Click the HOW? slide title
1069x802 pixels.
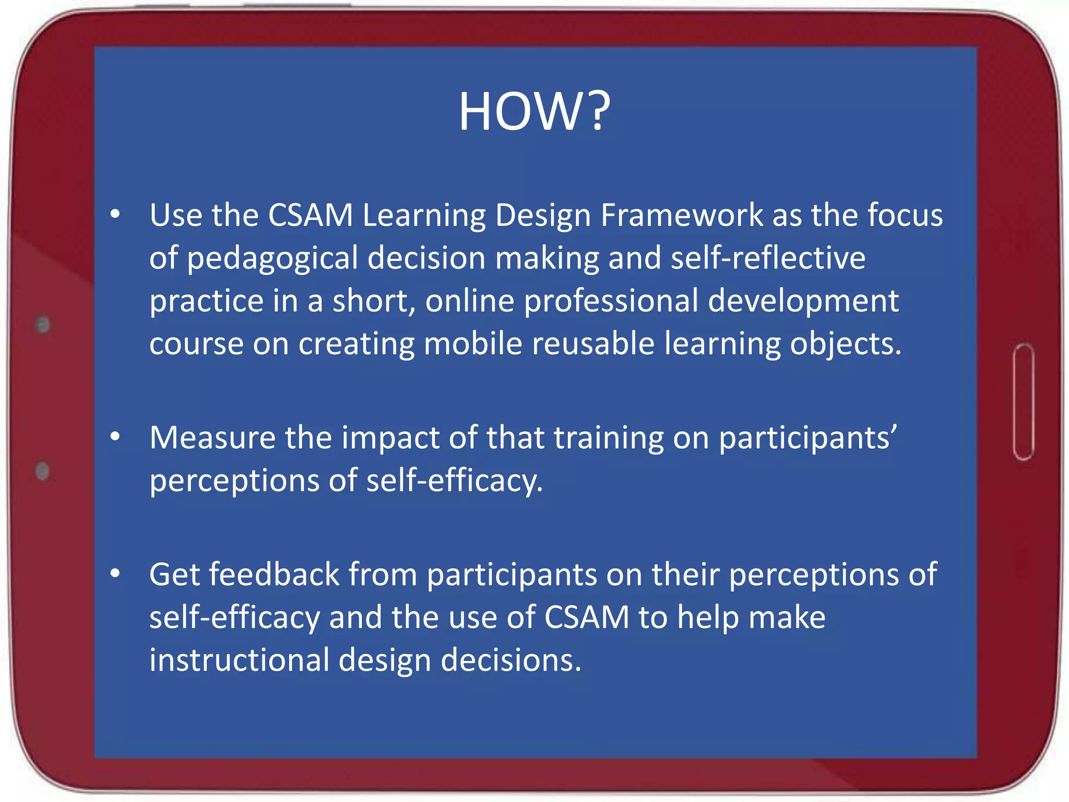coord(534,112)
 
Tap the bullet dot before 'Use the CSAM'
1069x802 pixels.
coord(115,214)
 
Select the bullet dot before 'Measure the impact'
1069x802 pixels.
coord(115,437)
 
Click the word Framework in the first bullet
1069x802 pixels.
coord(682,215)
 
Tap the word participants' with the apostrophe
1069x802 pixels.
coord(808,439)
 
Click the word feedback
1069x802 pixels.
coord(275,575)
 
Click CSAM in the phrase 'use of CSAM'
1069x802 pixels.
coord(587,618)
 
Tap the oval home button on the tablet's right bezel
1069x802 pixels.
coord(1024,402)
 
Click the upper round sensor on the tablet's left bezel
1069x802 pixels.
coord(43,325)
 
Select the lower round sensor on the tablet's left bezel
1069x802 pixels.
coord(43,471)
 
